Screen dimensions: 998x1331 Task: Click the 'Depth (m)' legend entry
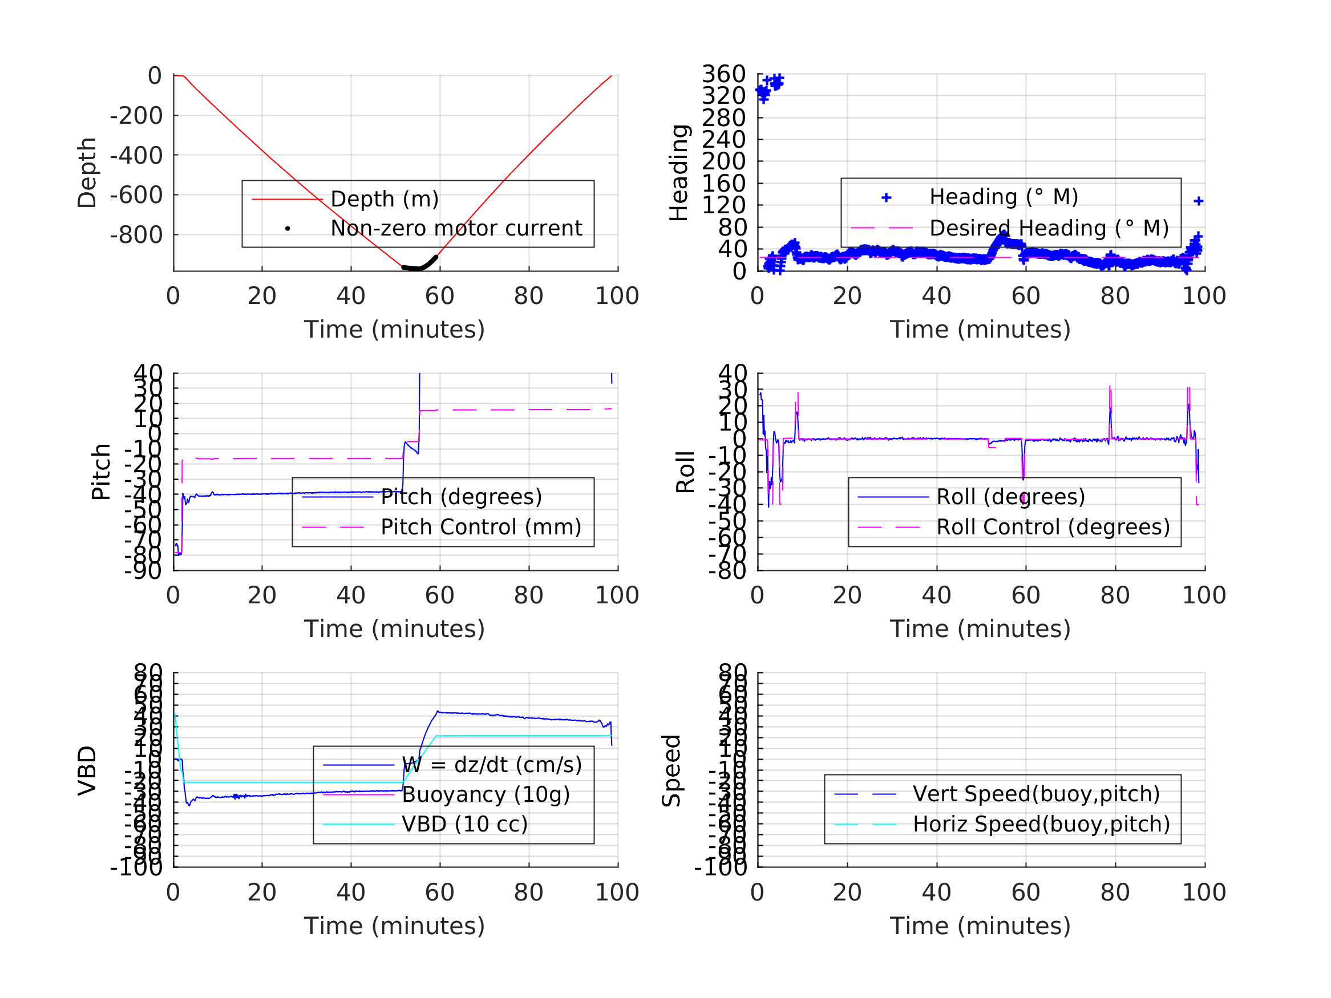coord(385,199)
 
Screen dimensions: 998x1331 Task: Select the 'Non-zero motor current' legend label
coord(456,229)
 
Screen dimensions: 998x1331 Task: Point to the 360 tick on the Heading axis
coord(723,75)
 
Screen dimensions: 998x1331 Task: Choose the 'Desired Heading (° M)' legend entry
coord(1049,229)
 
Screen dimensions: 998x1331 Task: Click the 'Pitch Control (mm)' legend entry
coord(481,528)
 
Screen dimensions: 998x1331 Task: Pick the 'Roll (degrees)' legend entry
coord(1010,497)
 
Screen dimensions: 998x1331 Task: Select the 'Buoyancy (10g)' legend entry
coord(486,794)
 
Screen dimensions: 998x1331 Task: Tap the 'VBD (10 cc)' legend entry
coord(464,824)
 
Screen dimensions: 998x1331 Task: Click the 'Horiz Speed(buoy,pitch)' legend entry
coord(1041,824)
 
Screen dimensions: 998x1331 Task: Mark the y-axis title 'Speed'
coord(671,770)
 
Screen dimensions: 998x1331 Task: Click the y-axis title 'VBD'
coord(87,770)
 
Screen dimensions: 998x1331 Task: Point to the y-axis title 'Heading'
coord(679,173)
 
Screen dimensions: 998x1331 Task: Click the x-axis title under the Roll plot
coord(980,629)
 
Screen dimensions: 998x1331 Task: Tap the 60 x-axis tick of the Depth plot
coord(439,296)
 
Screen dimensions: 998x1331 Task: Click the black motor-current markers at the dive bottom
coord(419,266)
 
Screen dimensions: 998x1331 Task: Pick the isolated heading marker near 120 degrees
coord(1198,201)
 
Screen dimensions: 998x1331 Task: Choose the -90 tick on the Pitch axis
coord(143,571)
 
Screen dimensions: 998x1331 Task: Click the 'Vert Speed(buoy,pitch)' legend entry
coord(1035,794)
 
